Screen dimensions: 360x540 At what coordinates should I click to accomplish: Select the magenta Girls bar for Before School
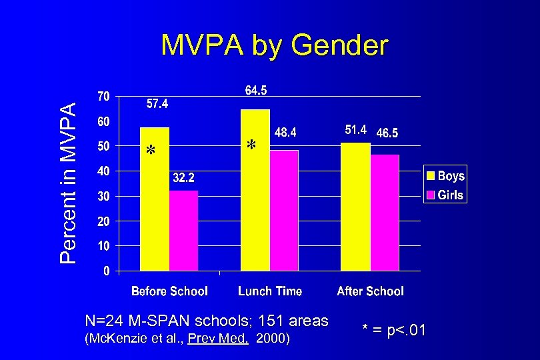183,231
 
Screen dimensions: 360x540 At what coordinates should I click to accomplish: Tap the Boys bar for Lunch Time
255,190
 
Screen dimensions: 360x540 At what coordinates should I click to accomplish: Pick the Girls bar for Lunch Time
284,210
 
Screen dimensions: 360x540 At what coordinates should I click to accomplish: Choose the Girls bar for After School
385,213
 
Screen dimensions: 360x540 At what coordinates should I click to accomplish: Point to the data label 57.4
157,104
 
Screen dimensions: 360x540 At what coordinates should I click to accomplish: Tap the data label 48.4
285,133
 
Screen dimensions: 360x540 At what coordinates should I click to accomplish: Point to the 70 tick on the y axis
103,97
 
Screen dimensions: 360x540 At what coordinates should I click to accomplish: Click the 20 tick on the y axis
103,221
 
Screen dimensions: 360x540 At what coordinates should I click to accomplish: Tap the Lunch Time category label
270,291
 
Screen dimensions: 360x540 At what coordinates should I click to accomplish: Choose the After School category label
370,291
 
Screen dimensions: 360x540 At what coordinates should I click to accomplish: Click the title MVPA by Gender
274,46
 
